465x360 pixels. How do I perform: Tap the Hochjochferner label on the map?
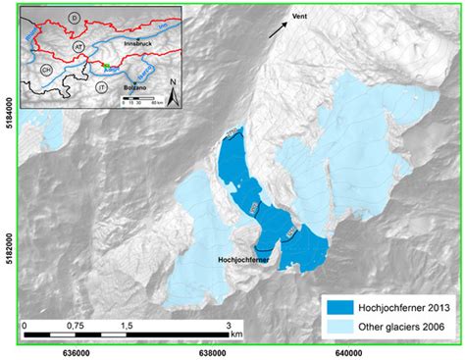point(243,261)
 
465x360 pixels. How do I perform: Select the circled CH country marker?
point(46,72)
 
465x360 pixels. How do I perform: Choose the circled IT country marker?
point(101,86)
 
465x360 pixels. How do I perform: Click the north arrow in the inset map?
point(172,95)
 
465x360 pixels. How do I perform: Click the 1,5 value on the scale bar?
point(127,323)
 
